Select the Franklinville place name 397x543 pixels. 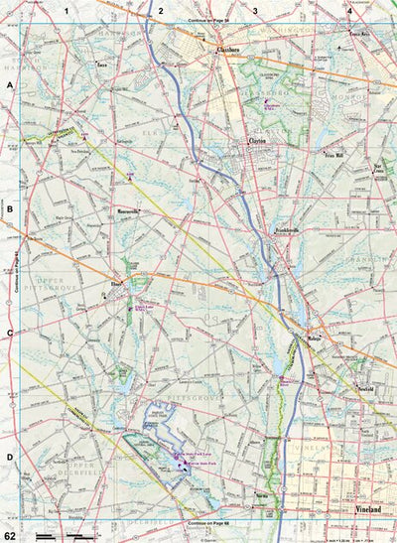(288, 229)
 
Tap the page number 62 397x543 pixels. (11, 535)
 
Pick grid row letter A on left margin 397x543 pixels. (10, 86)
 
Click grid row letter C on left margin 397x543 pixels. (10, 335)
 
